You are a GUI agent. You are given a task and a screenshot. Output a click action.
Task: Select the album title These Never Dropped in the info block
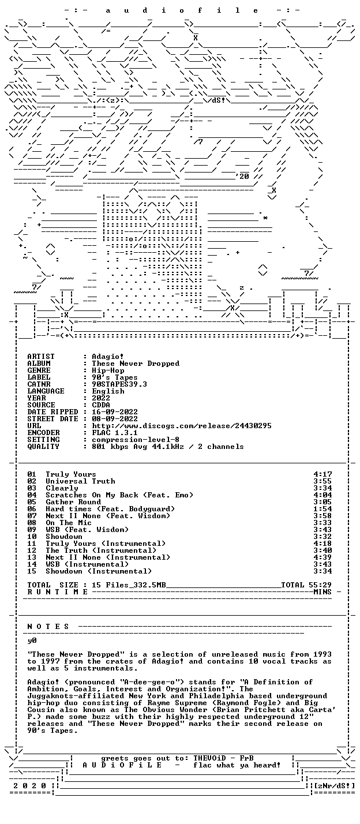pos(136,364)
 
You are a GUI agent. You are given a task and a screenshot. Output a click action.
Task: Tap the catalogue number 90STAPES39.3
pos(119,384)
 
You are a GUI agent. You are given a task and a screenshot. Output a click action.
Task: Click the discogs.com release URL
pos(182,426)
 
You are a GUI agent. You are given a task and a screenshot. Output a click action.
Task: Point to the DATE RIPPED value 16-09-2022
pos(115,412)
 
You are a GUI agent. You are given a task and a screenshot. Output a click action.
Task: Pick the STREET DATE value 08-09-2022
pos(115,419)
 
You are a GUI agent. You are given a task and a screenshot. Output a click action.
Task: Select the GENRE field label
pos(39,370)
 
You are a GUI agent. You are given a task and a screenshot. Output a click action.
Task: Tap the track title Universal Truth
pos(81,481)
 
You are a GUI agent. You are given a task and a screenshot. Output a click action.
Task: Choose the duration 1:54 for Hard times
pos(322,509)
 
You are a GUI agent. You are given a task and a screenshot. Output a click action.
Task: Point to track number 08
pos(32,523)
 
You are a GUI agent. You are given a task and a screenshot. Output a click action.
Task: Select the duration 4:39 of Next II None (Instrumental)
pos(322,557)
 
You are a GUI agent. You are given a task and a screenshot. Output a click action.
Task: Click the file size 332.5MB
pos(149,585)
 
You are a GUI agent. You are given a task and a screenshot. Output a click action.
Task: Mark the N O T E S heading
pos(48,627)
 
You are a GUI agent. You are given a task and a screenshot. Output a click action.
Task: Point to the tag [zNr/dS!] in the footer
pos(335,786)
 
